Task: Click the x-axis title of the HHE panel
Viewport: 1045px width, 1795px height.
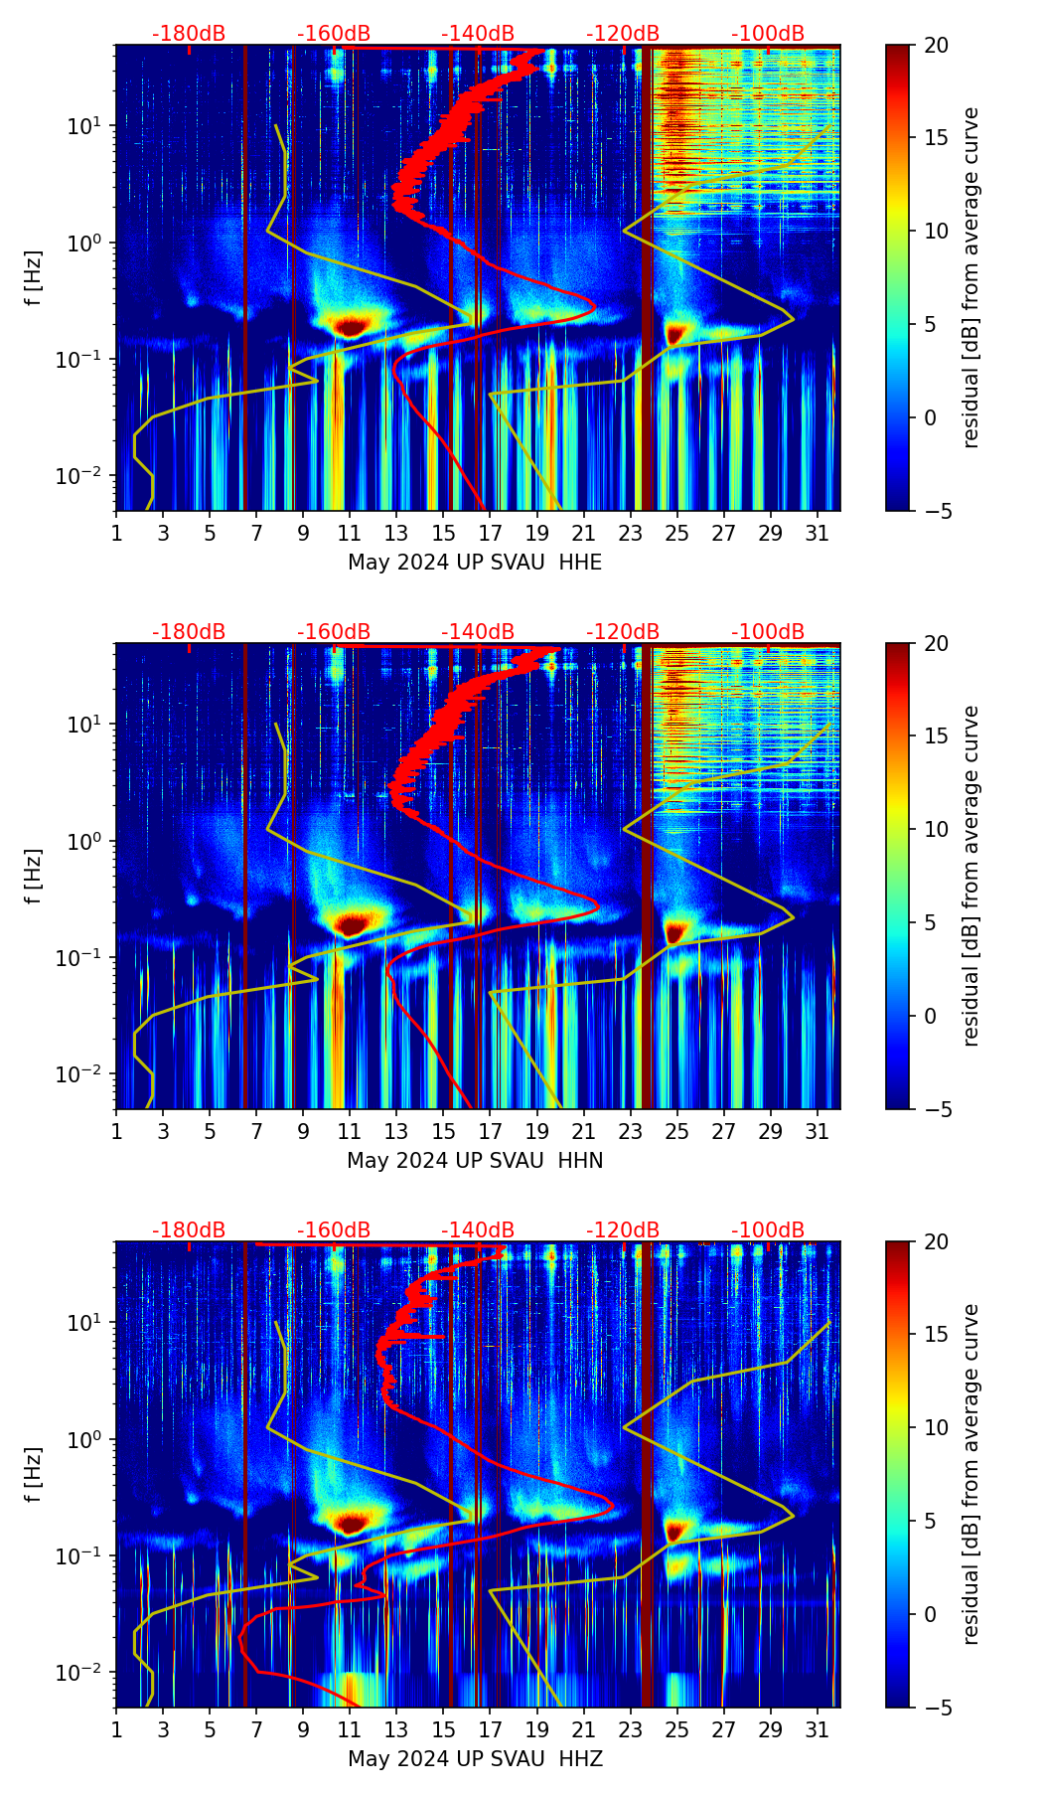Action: (x=475, y=563)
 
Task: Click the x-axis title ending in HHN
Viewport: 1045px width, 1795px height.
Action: (x=475, y=1161)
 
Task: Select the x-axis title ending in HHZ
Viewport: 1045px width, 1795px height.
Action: (x=475, y=1759)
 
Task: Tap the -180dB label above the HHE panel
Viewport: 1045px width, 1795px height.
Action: (x=189, y=34)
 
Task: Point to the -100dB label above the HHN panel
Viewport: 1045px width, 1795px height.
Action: (x=768, y=632)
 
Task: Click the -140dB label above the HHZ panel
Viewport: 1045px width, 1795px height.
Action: (x=478, y=1230)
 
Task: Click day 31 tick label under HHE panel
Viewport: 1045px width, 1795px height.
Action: (x=818, y=533)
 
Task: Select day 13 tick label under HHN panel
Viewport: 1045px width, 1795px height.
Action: (x=396, y=1131)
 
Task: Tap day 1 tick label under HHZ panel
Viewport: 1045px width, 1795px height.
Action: (x=116, y=1729)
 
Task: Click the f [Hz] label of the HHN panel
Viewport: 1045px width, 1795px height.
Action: (x=34, y=876)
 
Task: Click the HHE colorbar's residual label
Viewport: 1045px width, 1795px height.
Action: (x=970, y=277)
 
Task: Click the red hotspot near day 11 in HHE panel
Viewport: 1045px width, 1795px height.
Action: (x=350, y=326)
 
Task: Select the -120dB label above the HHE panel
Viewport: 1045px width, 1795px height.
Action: (x=623, y=34)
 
